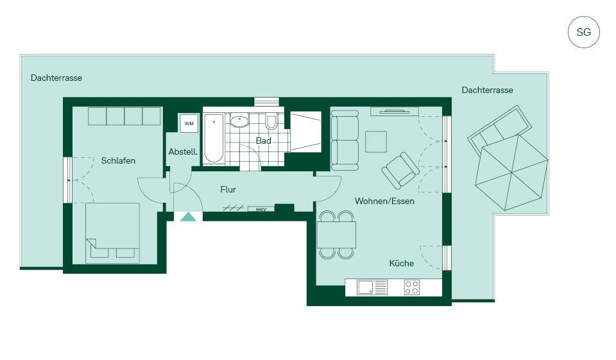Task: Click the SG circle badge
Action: [x=583, y=32]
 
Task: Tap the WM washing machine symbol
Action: [x=189, y=123]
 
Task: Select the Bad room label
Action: [x=263, y=141]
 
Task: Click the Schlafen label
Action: [x=118, y=160]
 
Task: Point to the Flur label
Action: [x=228, y=190]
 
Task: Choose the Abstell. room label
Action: [x=183, y=151]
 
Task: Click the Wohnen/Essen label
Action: [x=384, y=201]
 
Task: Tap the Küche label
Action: [x=402, y=263]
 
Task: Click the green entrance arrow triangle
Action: [x=188, y=216]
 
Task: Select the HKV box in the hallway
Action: [x=261, y=209]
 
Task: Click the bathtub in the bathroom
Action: [x=214, y=138]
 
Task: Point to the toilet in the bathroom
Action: [x=271, y=122]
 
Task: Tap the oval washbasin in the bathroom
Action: [x=239, y=121]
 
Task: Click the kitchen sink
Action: [x=372, y=287]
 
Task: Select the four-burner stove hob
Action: [x=412, y=287]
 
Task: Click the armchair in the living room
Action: [x=400, y=170]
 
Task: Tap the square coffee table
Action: [x=376, y=141]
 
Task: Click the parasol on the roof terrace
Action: [x=511, y=173]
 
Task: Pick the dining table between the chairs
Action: [x=336, y=235]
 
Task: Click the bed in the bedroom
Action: [x=112, y=233]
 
